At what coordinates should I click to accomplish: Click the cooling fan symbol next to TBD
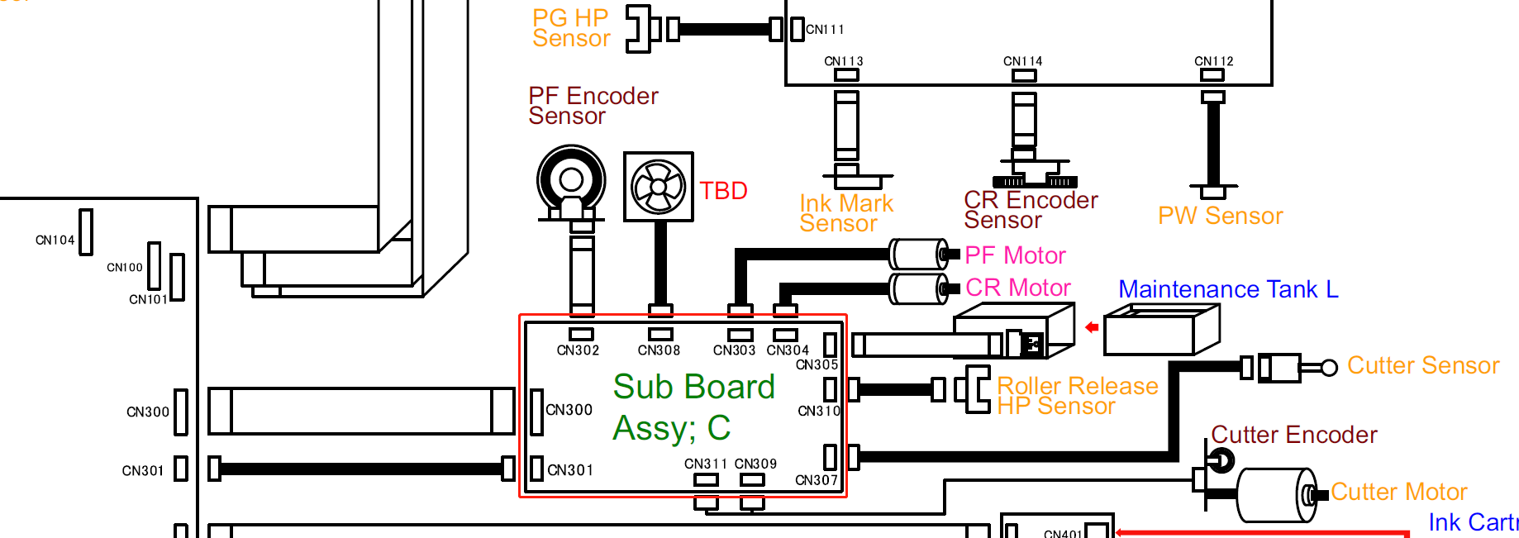click(658, 187)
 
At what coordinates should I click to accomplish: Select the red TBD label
click(723, 191)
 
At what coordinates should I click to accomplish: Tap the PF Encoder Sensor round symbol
click(571, 180)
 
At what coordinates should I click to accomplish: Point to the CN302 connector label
click(578, 350)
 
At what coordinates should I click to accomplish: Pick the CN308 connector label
click(659, 350)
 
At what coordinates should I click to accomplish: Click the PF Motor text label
click(1015, 255)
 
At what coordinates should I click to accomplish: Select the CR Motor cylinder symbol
click(918, 288)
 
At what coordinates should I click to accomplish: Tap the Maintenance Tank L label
click(1227, 289)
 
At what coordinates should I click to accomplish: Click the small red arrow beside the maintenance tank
click(1092, 327)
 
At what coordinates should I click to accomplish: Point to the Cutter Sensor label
click(1422, 365)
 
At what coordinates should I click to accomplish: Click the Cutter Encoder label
click(1293, 435)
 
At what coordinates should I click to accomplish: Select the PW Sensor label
click(1220, 216)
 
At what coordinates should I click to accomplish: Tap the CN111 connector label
click(825, 30)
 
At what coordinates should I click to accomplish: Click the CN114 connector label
click(1022, 61)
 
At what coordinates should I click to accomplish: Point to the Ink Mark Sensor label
click(845, 213)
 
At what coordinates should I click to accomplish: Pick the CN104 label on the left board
click(55, 240)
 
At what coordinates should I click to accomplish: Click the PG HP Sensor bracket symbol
click(637, 29)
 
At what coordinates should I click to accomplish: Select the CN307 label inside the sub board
click(816, 480)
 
